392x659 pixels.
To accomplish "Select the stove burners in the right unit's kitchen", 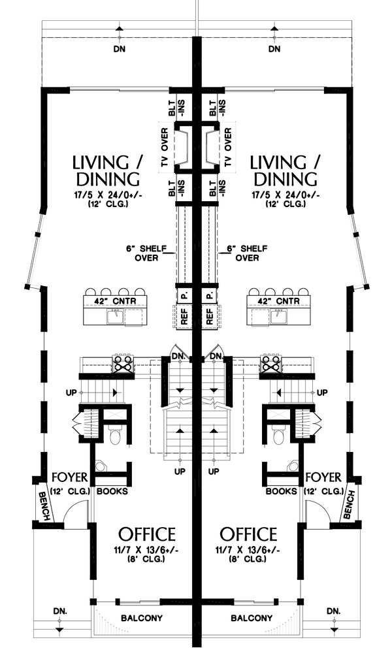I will coord(270,363).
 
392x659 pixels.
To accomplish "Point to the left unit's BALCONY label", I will coord(142,618).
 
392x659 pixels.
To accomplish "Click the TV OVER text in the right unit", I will coord(228,147).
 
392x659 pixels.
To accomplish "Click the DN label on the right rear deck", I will coord(274,49).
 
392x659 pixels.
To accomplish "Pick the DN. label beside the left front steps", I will coord(60,611).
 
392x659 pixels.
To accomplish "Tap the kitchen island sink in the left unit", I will coord(116,317).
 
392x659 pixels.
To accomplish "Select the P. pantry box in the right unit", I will coord(210,295).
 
